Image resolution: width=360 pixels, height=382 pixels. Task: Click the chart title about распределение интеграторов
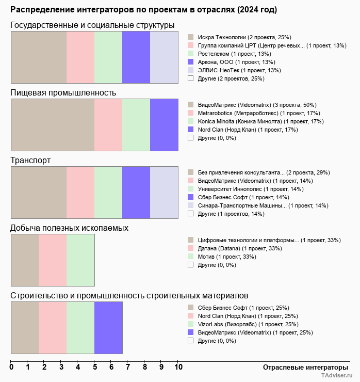(143, 10)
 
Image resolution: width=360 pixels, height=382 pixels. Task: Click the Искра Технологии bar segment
(39, 57)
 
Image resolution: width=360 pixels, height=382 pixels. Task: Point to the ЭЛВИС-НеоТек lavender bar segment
(164, 57)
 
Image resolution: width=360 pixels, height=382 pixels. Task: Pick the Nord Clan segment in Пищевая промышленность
(164, 124)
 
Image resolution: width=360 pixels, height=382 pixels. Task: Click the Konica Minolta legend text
(260, 121)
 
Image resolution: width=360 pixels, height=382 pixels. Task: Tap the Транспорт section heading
(30, 161)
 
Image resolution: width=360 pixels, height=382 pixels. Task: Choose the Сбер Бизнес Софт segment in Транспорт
(136, 193)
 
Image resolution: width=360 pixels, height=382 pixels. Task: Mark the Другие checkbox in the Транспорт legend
(191, 214)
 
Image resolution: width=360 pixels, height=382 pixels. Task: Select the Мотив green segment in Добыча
(80, 260)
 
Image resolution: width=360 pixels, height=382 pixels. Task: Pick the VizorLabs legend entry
(248, 324)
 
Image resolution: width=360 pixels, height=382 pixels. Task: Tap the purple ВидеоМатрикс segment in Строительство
(108, 328)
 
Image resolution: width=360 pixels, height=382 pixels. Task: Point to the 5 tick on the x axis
(94, 368)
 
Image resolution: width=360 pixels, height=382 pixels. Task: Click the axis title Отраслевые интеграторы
(302, 367)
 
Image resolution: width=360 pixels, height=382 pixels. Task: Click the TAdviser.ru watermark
(336, 377)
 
